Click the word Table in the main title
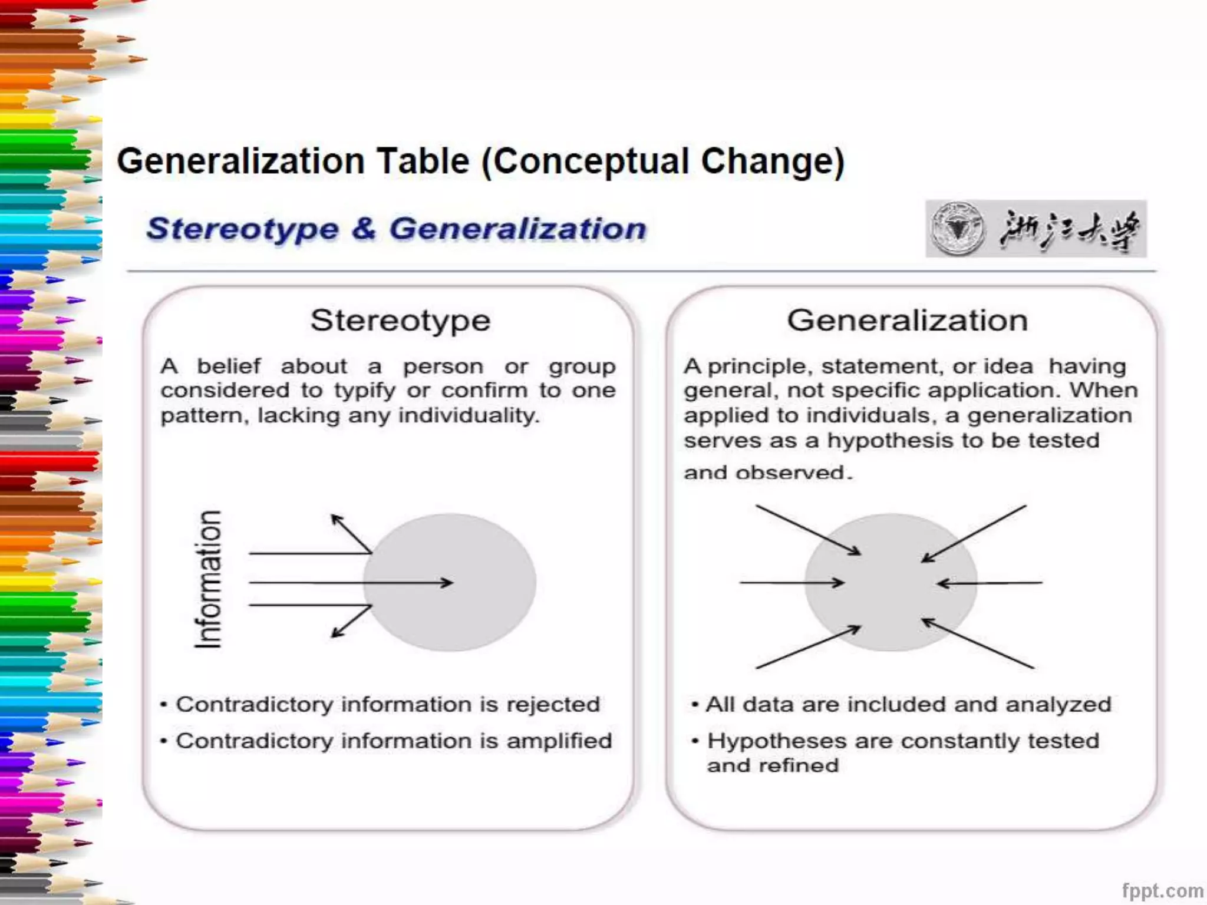coord(423,161)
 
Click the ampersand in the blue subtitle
coord(364,229)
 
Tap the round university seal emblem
coord(957,229)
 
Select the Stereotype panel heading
coord(400,321)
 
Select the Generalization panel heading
coord(907,321)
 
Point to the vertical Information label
coord(209,580)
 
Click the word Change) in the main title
coord(773,161)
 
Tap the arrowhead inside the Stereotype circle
coord(448,583)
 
